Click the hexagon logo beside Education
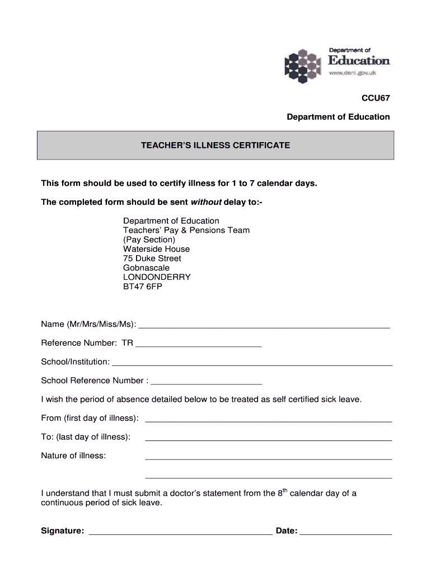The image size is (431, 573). [x=304, y=65]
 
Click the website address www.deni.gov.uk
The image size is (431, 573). [x=352, y=73]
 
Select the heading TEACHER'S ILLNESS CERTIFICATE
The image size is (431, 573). [x=215, y=145]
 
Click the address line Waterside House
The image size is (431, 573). [x=156, y=249]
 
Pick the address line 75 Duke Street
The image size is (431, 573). [x=152, y=259]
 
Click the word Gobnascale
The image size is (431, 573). [x=146, y=268]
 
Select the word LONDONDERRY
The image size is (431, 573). [x=157, y=278]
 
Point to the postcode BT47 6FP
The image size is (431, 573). [x=143, y=287]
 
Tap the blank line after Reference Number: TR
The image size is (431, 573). [x=199, y=345]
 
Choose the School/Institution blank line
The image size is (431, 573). [x=252, y=364]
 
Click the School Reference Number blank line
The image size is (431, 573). [x=207, y=383]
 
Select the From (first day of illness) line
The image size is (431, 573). [x=268, y=420]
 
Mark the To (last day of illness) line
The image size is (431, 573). [x=268, y=439]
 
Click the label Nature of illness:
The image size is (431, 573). [x=73, y=456]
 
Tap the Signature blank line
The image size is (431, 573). [x=181, y=533]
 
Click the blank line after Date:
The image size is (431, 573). [x=346, y=533]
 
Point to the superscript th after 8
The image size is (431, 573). [x=285, y=491]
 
